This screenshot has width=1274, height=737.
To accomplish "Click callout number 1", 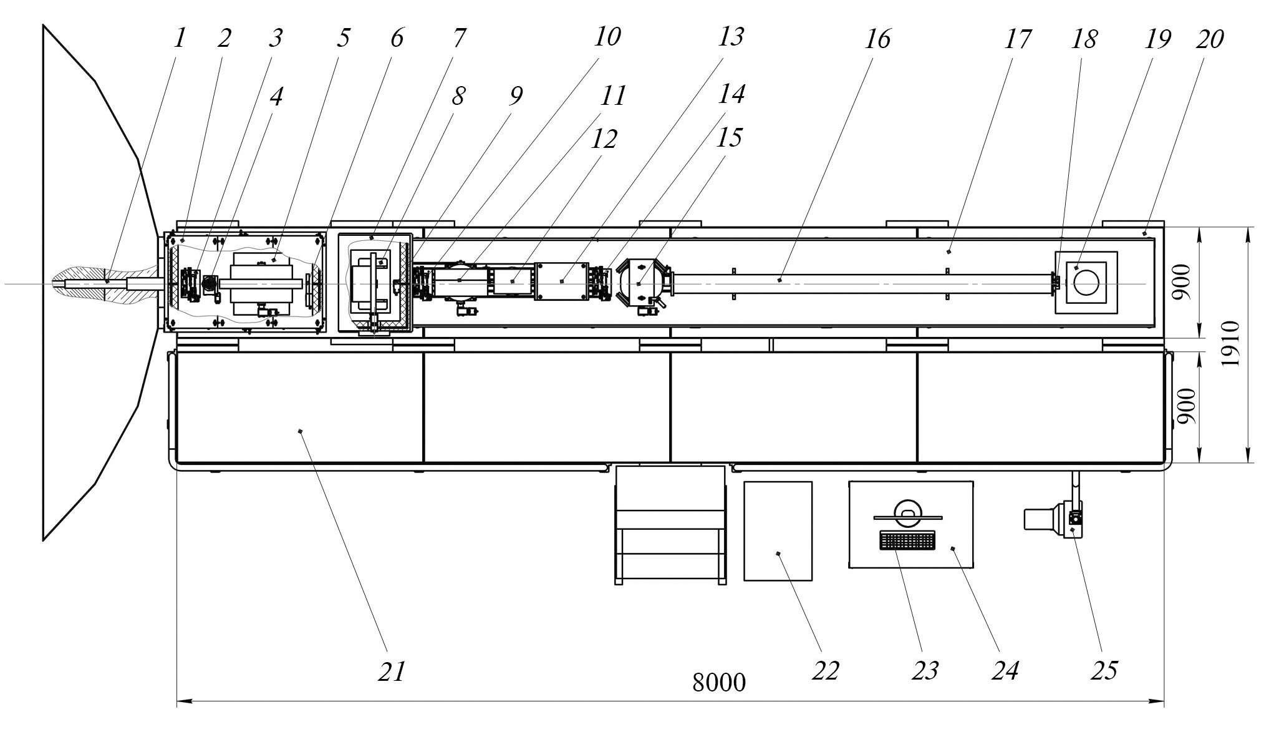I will coord(180,39).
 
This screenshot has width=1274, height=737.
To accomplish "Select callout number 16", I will coord(877,39).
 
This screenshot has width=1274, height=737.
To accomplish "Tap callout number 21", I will coord(392,671).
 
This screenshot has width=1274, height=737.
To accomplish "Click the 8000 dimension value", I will coord(718,683).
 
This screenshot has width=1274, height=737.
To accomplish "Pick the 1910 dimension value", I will coord(1230,344).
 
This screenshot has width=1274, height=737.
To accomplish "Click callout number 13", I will coord(730,37).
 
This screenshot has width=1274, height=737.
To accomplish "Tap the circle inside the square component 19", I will coord(1086,283).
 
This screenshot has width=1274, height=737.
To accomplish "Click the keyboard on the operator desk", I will coord(907,540).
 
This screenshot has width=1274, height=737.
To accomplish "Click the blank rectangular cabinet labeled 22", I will coord(778,531).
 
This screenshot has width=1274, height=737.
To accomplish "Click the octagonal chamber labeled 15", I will coord(640,283).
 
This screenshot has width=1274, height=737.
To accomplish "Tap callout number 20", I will coord(1210,39).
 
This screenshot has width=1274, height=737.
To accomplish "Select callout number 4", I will coord(276,96).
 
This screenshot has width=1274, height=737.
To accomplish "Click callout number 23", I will coord(925,671).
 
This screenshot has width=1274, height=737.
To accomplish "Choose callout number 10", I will coord(607,37).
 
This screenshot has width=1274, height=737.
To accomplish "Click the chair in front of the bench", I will coord(670,524).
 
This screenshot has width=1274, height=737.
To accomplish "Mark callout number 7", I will coord(458,39).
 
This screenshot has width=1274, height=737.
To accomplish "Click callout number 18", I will coord(1084,39).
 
